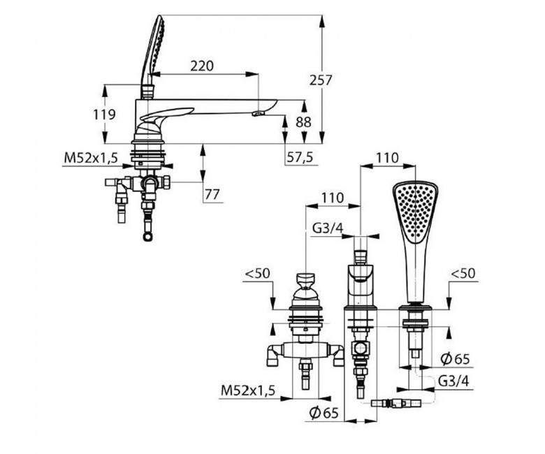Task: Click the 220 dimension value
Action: [202, 65]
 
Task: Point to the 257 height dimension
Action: [321, 80]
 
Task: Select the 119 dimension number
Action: [104, 114]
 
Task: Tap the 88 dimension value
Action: [303, 122]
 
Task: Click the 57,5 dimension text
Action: [300, 157]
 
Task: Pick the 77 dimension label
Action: [212, 194]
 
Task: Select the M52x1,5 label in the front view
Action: [248, 390]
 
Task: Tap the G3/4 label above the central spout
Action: [328, 228]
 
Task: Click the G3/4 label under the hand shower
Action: [453, 381]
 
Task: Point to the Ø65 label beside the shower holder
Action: [455, 359]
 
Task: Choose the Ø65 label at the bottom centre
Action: [324, 413]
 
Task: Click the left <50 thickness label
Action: [257, 273]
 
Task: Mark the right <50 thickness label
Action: [463, 273]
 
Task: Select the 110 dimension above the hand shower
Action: [387, 158]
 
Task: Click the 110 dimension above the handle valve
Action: [333, 198]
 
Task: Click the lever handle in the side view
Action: [167, 115]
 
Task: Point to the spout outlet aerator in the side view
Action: [259, 113]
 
